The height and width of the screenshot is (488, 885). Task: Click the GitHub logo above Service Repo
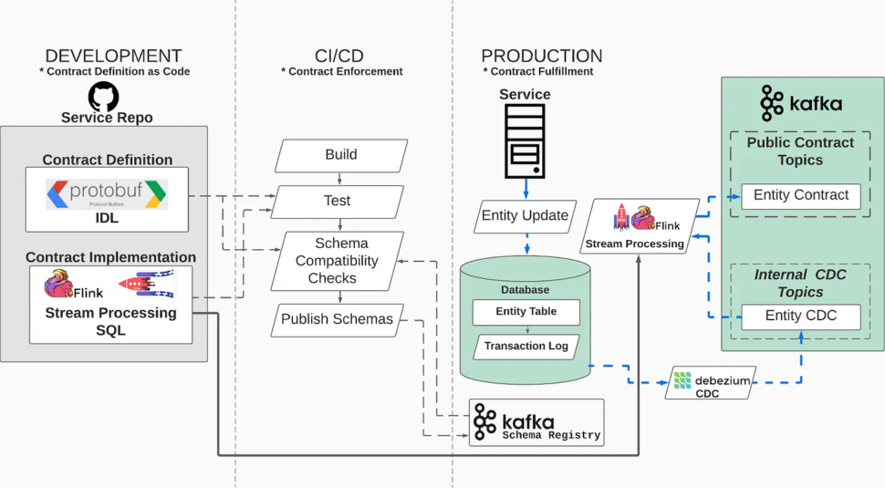coord(106,97)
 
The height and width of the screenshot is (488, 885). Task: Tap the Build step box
coord(340,155)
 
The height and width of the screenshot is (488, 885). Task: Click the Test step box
coord(338,201)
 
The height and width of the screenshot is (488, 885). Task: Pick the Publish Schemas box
coord(337,319)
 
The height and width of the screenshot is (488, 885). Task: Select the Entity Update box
coord(525,216)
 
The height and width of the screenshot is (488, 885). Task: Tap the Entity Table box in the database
coord(526,311)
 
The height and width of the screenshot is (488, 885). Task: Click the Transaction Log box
coord(526,346)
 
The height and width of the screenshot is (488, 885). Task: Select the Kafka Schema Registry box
coord(536,422)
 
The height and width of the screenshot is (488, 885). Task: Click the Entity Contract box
coord(800,195)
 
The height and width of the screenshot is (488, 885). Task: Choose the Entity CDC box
coord(800,316)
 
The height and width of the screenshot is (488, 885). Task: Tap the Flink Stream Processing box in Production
coord(640,227)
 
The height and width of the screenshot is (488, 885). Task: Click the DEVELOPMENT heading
coord(113,56)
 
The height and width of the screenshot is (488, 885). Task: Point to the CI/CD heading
coord(340,56)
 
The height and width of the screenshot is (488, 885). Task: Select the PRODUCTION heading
coord(541,56)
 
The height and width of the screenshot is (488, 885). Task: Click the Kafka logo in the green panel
coord(801,103)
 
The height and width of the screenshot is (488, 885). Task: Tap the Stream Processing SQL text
coord(110,321)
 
